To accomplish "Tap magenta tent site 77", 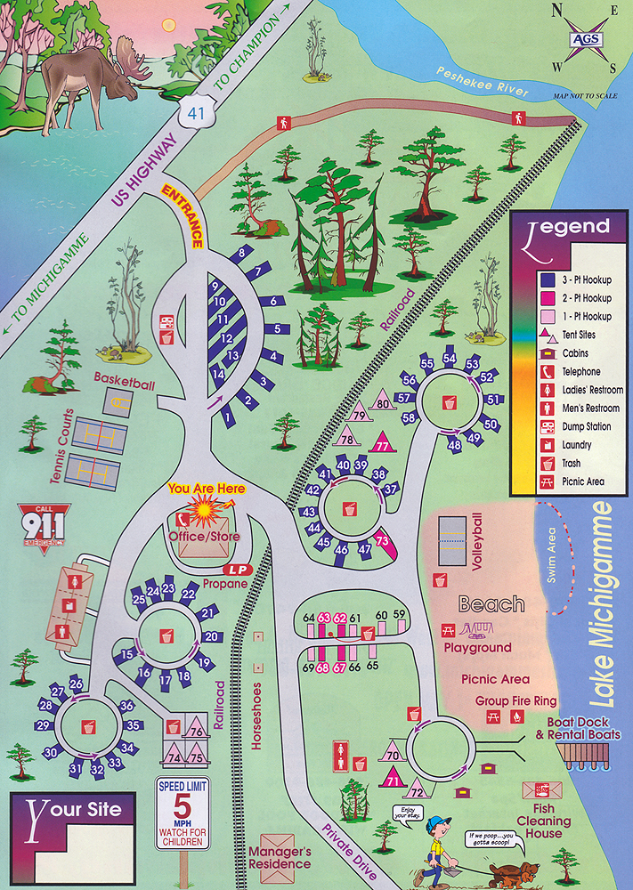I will (x=383, y=442).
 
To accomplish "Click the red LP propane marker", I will (x=236, y=569).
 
